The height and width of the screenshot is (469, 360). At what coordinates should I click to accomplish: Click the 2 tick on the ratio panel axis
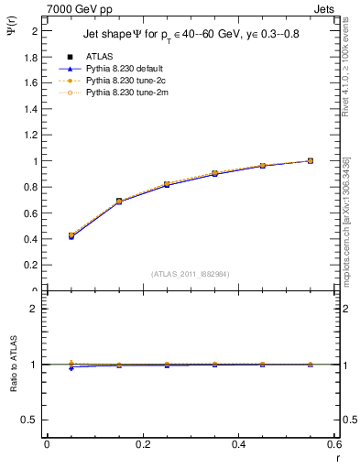[35, 309]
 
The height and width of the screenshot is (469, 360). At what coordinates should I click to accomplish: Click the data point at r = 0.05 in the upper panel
[71, 235]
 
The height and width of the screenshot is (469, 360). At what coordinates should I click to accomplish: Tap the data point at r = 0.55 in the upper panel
[311, 161]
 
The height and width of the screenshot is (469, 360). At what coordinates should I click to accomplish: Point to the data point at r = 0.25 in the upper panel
[167, 184]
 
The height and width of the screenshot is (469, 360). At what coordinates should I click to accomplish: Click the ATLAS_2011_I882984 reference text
[190, 273]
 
